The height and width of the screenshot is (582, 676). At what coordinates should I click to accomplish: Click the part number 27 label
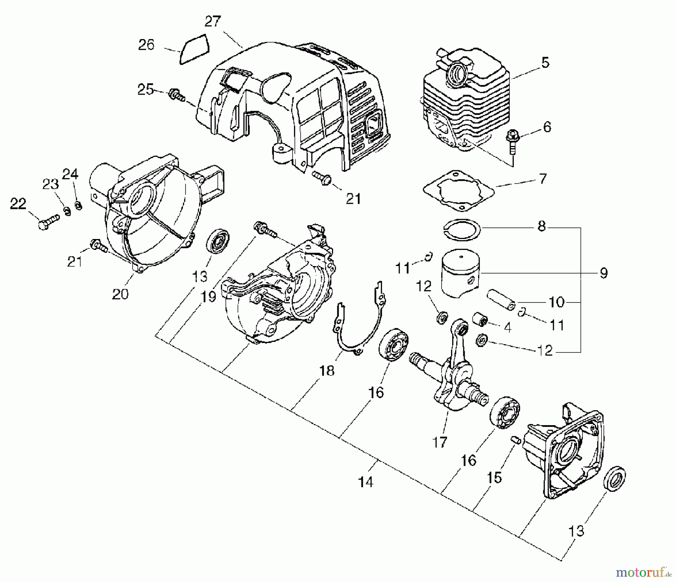pyautogui.click(x=213, y=21)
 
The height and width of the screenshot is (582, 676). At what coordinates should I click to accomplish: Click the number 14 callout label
pyautogui.click(x=366, y=482)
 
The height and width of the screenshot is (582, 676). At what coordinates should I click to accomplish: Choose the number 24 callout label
pyautogui.click(x=70, y=174)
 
